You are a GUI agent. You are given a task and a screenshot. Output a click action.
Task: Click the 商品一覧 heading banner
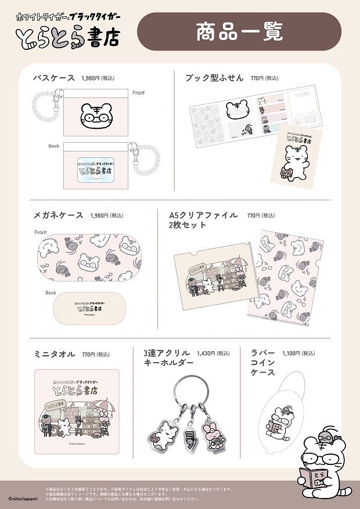coord(239,32)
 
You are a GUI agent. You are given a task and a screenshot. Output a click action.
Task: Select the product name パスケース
coord(54,77)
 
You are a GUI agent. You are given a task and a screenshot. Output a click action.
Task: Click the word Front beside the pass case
coord(138,93)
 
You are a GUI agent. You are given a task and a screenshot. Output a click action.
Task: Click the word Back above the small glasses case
coord(51,293)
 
